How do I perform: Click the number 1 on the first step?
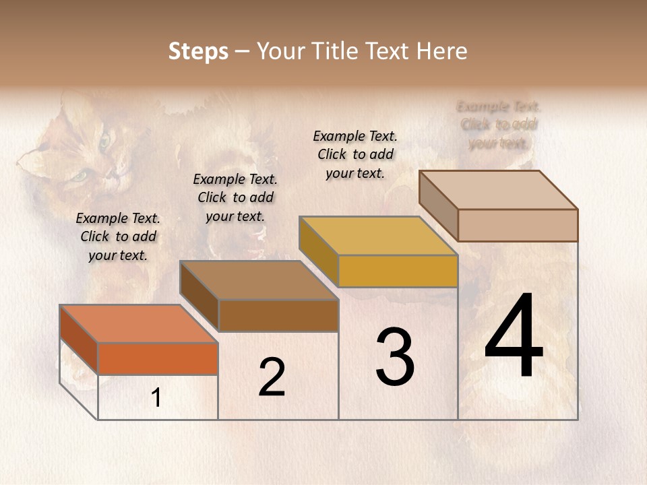click(156, 398)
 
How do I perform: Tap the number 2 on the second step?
click(272, 377)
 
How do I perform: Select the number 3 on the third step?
click(395, 357)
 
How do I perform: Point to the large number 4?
click(514, 336)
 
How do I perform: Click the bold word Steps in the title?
click(198, 51)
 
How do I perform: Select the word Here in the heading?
click(441, 51)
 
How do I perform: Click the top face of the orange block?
click(138, 324)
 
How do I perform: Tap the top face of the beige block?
click(498, 190)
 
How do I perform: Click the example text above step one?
click(118, 236)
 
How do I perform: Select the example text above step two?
click(235, 197)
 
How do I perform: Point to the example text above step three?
click(355, 154)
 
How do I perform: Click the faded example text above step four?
click(499, 125)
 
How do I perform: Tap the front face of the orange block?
click(158, 358)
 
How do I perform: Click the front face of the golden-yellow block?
click(398, 271)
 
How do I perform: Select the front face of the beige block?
click(518, 225)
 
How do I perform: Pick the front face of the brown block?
click(278, 315)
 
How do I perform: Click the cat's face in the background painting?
click(84, 152)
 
